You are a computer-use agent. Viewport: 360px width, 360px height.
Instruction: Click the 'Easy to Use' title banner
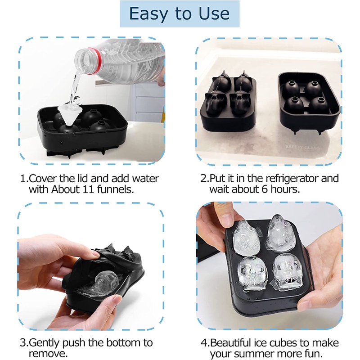coord(180,14)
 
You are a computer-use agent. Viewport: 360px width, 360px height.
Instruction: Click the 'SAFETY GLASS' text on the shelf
coord(302,147)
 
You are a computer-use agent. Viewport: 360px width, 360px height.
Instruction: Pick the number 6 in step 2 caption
coord(265,189)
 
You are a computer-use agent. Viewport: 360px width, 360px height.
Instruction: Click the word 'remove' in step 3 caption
coord(47,354)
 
